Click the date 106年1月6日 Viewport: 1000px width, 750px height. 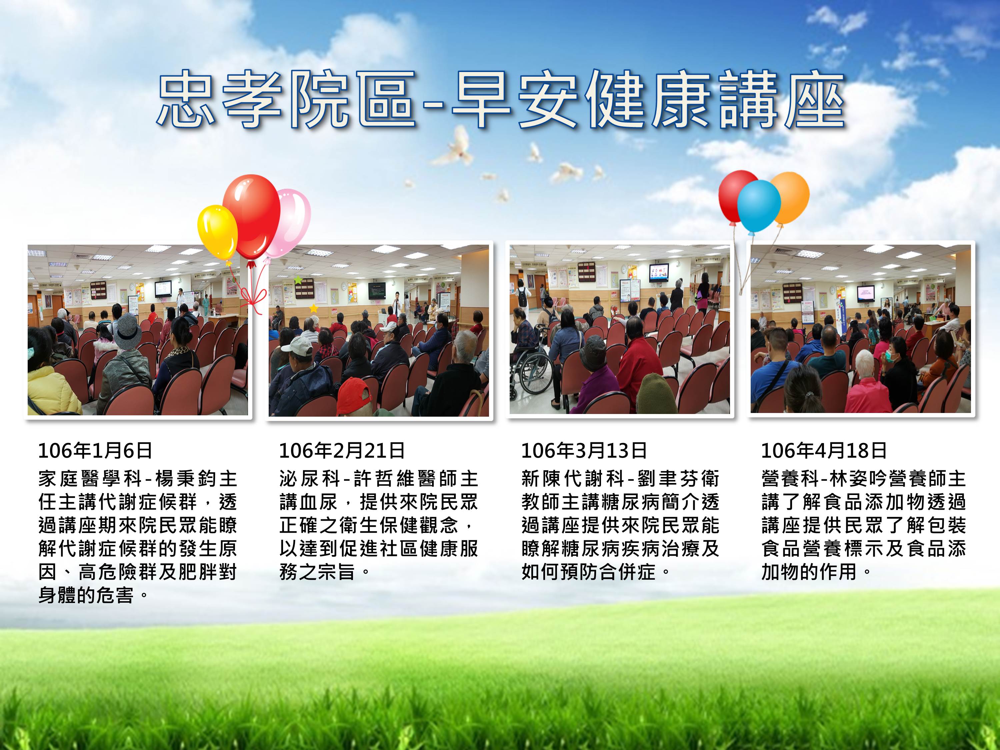click(95, 450)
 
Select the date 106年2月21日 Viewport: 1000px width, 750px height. click(342, 450)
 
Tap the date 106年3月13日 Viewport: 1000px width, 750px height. click(584, 450)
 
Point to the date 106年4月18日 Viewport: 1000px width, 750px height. click(824, 450)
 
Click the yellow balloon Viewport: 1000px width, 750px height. click(217, 232)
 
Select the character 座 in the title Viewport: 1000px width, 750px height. click(814, 99)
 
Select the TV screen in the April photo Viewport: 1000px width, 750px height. click(866, 294)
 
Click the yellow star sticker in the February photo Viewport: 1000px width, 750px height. click(313, 308)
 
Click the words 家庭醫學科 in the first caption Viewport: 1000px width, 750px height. click(90, 478)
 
